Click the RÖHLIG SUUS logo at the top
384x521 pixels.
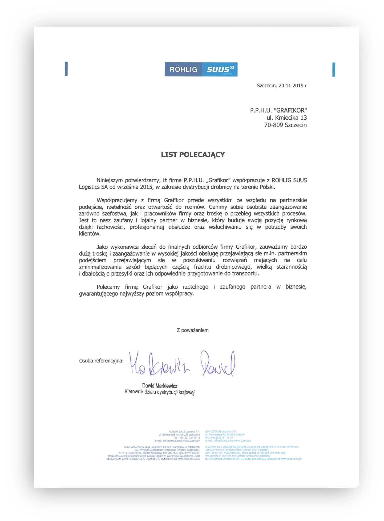(201, 69)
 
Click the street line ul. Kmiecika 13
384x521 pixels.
(286, 118)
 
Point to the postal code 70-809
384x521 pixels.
(273, 125)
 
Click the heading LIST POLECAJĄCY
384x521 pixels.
(193, 155)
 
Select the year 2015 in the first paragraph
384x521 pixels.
(146, 187)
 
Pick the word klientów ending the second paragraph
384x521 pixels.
(90, 234)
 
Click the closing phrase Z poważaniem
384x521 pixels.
(193, 330)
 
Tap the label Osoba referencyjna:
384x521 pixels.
(101, 361)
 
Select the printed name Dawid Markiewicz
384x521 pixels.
(160, 386)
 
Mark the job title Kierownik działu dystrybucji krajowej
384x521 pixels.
(159, 392)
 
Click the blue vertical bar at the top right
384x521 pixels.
(334, 69)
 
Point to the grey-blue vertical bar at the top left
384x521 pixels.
(66, 69)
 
